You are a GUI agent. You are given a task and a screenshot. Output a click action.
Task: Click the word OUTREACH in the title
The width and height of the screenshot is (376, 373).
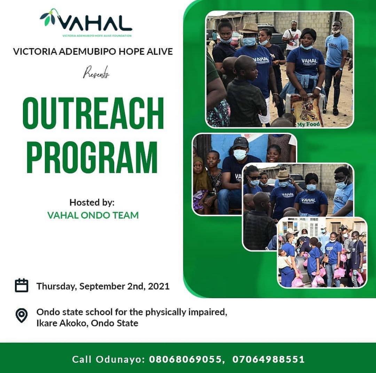point(93,113)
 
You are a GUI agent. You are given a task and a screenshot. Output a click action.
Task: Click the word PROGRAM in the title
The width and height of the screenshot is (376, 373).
point(92,157)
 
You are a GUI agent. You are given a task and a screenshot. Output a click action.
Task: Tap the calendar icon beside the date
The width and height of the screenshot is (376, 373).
point(22,285)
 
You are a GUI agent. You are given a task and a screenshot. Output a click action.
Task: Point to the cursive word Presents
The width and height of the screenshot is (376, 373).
point(96,72)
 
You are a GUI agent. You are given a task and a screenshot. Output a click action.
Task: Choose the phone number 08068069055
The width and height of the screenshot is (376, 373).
point(185,359)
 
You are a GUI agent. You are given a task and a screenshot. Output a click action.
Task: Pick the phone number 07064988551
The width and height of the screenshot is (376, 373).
point(268,359)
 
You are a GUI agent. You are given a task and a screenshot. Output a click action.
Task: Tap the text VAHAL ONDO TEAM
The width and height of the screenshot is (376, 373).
point(93,215)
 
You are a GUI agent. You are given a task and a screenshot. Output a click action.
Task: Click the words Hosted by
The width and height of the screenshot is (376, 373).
point(92,203)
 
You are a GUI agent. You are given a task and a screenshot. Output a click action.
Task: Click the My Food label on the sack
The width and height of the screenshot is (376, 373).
point(308,124)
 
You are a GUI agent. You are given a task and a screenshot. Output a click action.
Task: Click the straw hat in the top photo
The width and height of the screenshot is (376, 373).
point(250,28)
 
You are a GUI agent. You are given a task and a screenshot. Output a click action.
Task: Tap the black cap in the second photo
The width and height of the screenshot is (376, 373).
point(241,143)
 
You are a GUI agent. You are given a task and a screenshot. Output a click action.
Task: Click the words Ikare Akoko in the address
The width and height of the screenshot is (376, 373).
point(62,323)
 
